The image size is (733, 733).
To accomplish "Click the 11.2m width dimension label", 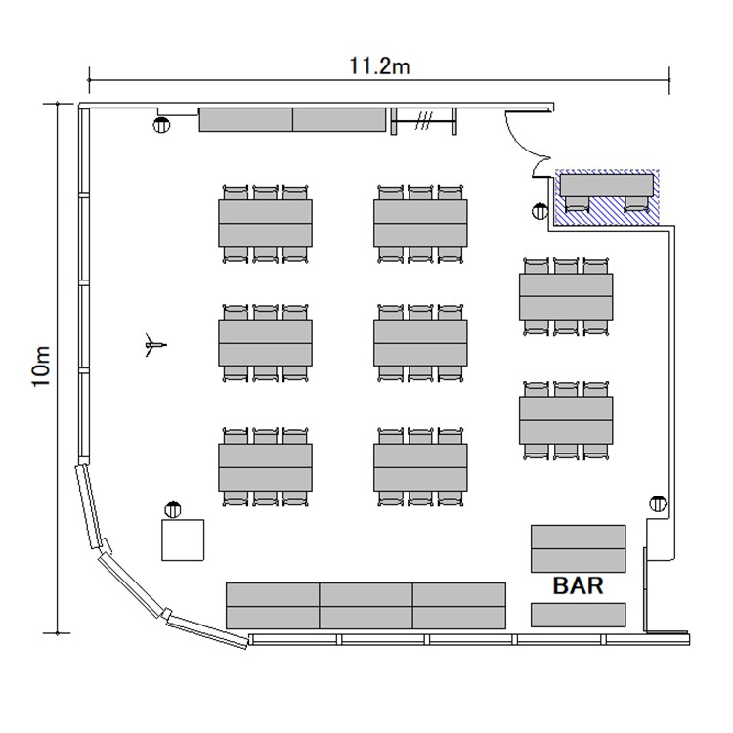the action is point(379,65).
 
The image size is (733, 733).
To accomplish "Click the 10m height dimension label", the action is point(41,366).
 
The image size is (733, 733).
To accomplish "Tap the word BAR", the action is point(578,585).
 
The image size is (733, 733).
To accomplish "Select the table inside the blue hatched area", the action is point(606,186).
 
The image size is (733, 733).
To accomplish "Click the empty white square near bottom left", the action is point(183,539).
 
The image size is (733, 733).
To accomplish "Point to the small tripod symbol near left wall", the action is point(154,345).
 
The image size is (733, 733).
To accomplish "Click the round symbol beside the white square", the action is point(173,509).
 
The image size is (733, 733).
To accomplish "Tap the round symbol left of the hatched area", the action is point(539,211).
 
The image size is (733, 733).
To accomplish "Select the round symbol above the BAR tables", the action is point(658,503).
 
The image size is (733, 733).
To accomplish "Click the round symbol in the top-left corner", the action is point(161,125).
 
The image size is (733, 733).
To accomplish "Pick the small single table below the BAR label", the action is point(579,615).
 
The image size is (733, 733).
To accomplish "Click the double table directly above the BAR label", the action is point(579,549).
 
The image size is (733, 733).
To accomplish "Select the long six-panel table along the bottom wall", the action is point(366,606).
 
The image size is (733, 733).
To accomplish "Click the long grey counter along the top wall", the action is point(292,119).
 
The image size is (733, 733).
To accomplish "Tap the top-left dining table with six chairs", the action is point(266,224).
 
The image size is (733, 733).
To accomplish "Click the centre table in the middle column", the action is point(420,343).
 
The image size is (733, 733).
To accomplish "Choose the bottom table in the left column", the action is point(266,467).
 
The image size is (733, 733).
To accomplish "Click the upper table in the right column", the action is point(566,297).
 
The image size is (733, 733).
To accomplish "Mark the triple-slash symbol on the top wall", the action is point(423,120).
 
